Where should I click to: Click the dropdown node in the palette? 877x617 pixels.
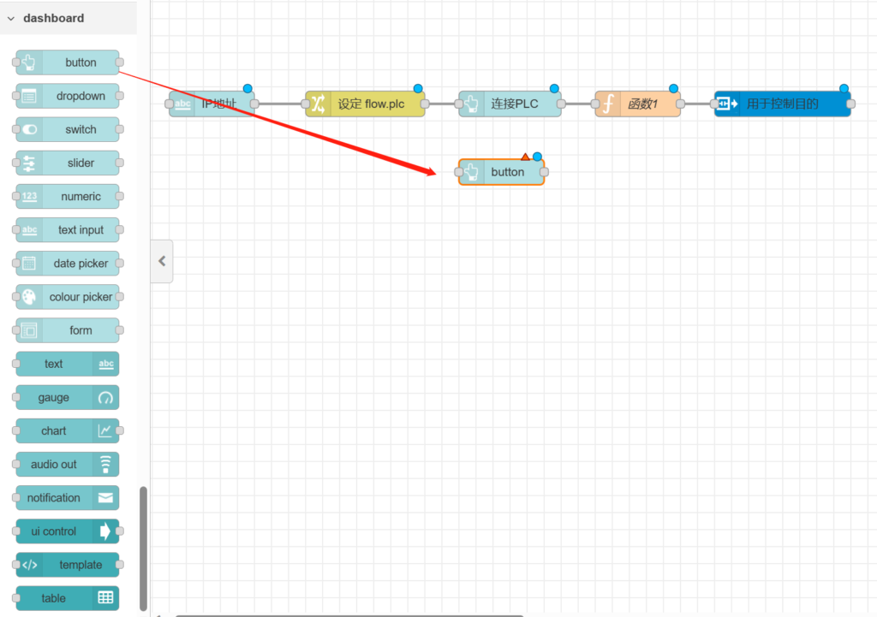(68, 96)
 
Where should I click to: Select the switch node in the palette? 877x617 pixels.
(68, 129)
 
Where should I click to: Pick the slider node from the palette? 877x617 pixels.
(68, 163)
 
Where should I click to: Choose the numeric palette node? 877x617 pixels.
(68, 196)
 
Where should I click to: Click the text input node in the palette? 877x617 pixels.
(68, 229)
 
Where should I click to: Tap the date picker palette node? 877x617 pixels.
(68, 264)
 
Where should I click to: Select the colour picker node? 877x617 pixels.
(68, 297)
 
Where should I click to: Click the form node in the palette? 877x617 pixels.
(68, 330)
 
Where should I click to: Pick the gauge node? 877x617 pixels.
(68, 398)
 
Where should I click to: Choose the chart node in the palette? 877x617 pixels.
(68, 431)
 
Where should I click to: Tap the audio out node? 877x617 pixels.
(68, 465)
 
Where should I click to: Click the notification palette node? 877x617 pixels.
(68, 498)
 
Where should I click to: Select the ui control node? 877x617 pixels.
(68, 531)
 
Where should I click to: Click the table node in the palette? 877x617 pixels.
(68, 598)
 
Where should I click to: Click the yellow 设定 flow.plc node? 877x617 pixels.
(366, 104)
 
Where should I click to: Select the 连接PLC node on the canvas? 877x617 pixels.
(510, 104)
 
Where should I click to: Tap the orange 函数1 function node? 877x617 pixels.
(639, 104)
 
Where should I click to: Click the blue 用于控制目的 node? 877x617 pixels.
(783, 104)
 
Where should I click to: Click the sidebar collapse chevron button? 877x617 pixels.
(162, 261)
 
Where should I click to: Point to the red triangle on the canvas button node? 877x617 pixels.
(525, 157)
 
